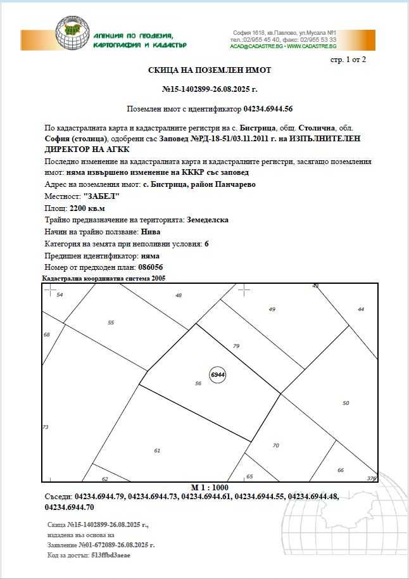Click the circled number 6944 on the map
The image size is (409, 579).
tap(218, 375)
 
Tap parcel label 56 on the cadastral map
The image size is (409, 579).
tap(198, 383)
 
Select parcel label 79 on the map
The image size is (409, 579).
tap(236, 346)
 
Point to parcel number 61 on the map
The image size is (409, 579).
tap(157, 450)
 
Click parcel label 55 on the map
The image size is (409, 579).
tap(111, 322)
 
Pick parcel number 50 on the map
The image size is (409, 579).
tap(346, 403)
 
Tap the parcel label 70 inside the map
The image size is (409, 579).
tap(275, 445)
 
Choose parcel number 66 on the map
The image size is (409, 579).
tap(341, 470)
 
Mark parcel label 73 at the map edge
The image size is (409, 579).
tap(46, 427)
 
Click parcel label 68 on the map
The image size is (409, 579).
tap(46, 334)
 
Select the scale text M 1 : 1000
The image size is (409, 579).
tap(210, 487)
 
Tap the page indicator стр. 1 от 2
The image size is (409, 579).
tap(348, 60)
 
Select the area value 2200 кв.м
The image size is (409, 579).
tap(87, 208)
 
